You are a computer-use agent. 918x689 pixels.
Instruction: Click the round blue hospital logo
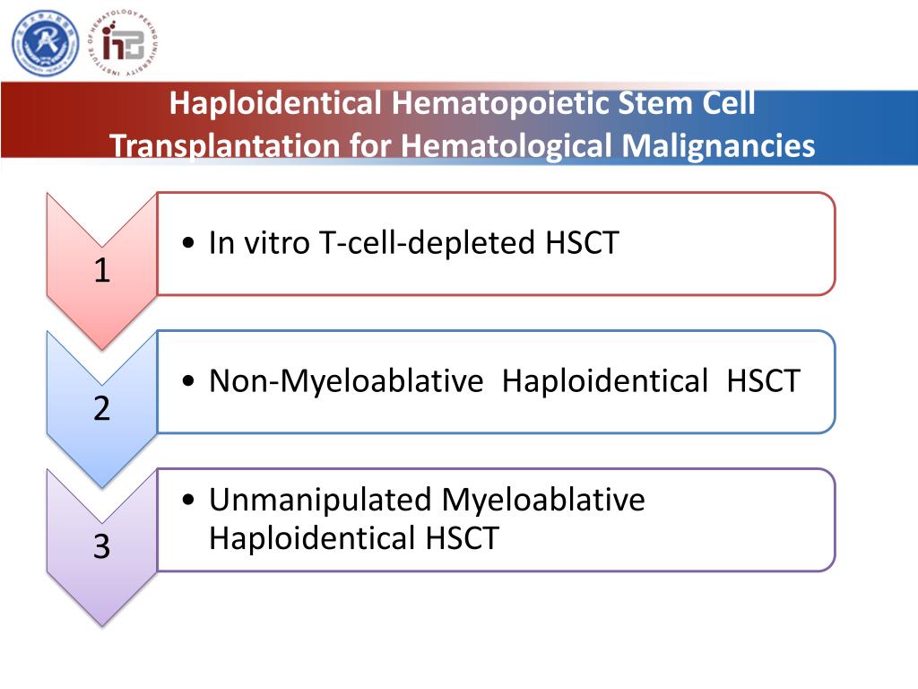pyautogui.click(x=45, y=42)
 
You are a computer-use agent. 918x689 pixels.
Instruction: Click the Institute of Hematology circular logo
pyautogui.click(x=126, y=41)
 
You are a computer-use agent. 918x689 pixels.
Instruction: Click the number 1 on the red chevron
pyautogui.click(x=102, y=270)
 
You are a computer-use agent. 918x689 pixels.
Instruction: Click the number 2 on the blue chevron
pyautogui.click(x=102, y=409)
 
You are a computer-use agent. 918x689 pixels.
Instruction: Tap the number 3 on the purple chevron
pyautogui.click(x=102, y=546)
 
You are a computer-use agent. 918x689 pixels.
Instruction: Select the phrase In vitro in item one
pyautogui.click(x=260, y=243)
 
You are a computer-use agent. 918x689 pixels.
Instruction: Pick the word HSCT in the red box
pyautogui.click(x=582, y=243)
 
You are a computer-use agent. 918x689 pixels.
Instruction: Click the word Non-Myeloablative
pyautogui.click(x=345, y=381)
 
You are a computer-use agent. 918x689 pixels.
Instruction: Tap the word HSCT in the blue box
pyautogui.click(x=763, y=381)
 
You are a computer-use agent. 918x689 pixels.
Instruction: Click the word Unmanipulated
pyautogui.click(x=321, y=500)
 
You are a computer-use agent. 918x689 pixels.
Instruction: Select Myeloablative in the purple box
pyautogui.click(x=543, y=500)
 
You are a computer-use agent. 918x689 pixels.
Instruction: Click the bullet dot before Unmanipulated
pyautogui.click(x=188, y=500)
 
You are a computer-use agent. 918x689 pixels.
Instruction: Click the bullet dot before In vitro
pyautogui.click(x=188, y=244)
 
